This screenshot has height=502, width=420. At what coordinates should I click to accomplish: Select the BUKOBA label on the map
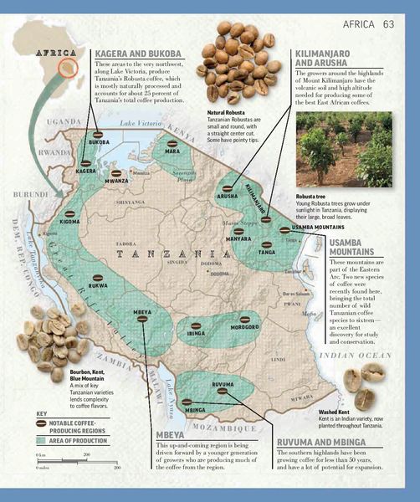(98, 143)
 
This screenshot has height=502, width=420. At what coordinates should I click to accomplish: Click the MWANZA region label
(117, 180)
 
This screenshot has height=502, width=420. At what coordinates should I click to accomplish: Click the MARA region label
(172, 151)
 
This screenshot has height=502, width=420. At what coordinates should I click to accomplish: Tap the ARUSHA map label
(228, 196)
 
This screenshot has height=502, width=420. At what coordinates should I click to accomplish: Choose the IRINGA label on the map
(196, 332)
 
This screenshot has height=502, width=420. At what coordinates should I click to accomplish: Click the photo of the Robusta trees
(345, 151)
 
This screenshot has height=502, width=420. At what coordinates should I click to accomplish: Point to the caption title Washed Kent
(337, 412)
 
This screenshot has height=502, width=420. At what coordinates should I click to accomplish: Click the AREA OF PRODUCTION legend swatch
(42, 439)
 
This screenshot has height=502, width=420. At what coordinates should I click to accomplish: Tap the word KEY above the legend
(43, 413)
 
